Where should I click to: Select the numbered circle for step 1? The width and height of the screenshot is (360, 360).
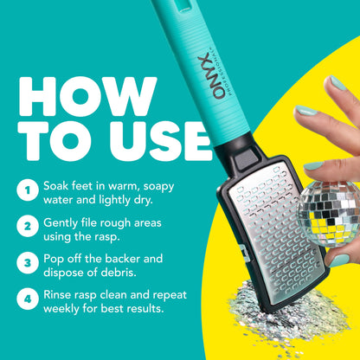(28, 189)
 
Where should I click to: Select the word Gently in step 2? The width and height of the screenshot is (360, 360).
(67, 223)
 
